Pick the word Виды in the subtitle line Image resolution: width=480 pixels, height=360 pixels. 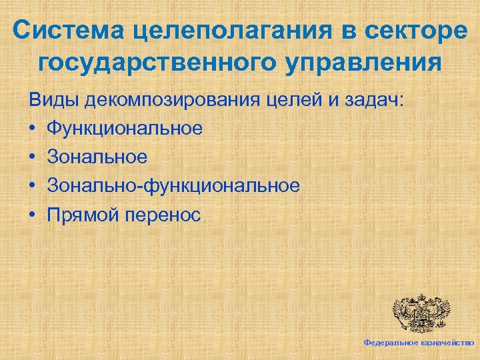pos(51,102)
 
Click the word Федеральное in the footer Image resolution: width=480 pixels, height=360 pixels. pos(390,342)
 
